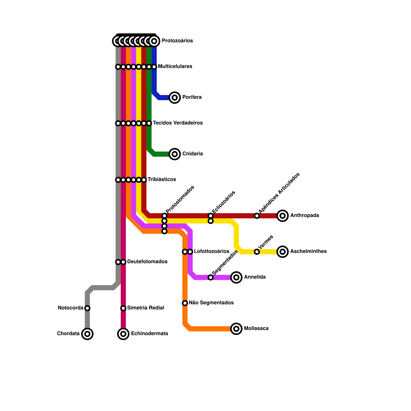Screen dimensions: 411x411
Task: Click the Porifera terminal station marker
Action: coord(175,98)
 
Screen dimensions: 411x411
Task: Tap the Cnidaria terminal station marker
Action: coord(175,154)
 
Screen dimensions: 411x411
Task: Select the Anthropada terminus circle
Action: coord(283,216)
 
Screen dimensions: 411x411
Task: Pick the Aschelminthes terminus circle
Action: coord(283,252)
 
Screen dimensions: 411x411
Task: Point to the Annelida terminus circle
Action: coord(236,277)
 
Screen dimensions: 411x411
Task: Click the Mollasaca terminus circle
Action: coord(236,329)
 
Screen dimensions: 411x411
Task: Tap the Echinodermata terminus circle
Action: coord(123,334)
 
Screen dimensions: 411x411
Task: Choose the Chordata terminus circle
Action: coord(87,334)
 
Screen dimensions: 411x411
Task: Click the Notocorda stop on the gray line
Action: coord(87,308)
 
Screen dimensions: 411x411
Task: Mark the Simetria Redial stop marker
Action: coord(123,308)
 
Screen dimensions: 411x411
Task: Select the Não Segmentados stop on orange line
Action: coord(185,303)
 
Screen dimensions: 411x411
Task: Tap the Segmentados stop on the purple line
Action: coord(211,277)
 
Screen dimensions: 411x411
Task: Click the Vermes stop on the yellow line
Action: coord(257,252)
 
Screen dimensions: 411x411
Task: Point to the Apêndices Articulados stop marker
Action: coord(257,216)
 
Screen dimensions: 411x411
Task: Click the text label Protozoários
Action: coord(177,41)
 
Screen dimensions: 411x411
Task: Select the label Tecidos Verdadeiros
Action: coord(178,123)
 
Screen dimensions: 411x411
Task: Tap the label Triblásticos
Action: coord(162,180)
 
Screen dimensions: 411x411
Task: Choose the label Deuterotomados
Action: coord(147,262)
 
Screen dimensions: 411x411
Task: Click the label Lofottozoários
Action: coord(211,251)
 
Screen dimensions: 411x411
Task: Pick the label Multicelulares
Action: coord(175,67)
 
